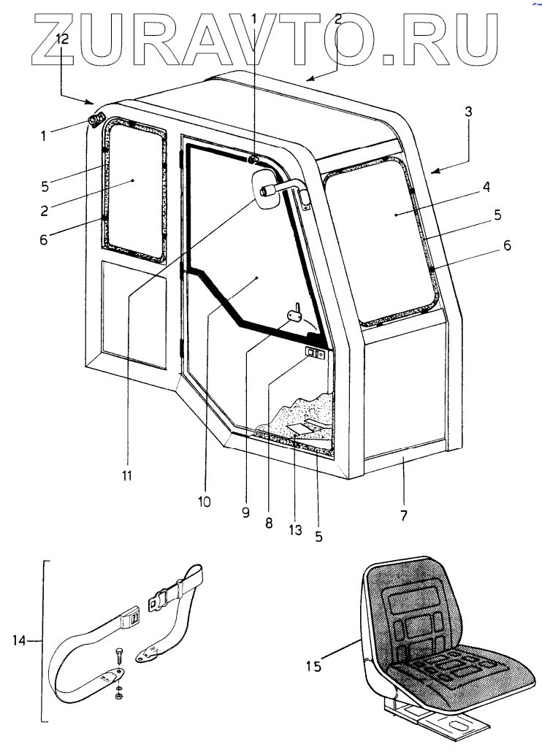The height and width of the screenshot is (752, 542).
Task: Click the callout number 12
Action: pos(63,40)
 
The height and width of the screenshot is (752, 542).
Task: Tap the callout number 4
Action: pos(485,186)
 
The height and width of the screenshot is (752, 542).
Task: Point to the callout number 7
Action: pos(403,515)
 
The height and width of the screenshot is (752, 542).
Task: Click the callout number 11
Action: pos(126,476)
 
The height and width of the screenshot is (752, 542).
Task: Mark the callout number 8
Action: pos(269,523)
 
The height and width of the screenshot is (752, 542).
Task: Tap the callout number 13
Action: pos(294,530)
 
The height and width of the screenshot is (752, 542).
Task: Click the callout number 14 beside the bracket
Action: pos(19,640)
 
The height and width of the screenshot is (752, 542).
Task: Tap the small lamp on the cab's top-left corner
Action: pos(96,120)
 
